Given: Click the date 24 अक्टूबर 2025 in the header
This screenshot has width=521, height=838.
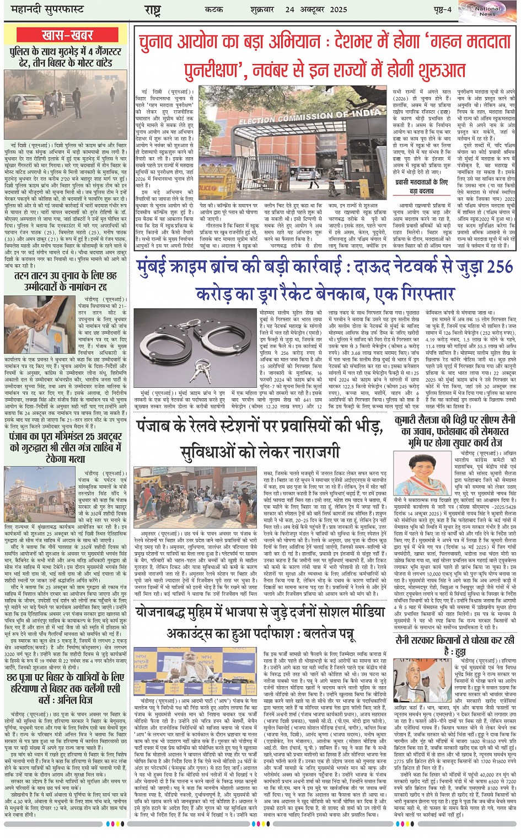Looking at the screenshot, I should pos(316,10).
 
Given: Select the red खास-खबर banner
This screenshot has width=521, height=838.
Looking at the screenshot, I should pos(67,35).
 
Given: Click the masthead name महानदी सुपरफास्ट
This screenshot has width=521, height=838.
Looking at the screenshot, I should pos(41,10).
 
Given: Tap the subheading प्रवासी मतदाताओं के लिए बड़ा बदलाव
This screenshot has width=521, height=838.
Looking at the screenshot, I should pos(421,186).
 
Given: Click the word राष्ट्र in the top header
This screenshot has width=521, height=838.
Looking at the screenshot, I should pos(153,10).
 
